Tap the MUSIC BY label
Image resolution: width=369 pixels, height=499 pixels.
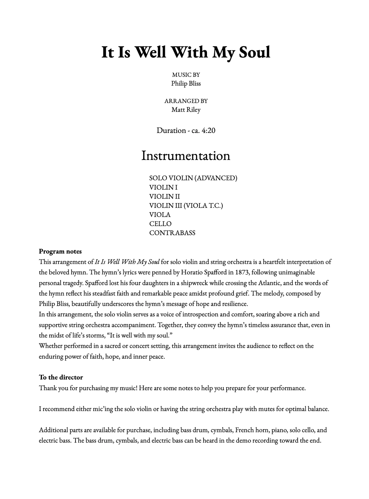click(186, 75)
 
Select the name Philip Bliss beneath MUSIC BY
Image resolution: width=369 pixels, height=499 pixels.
click(186, 84)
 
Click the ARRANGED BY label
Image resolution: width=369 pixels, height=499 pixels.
click(186, 101)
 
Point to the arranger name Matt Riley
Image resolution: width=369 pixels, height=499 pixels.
click(186, 110)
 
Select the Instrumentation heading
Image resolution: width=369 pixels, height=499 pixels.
click(186, 156)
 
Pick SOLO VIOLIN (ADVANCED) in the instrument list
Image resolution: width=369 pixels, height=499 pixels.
click(193, 178)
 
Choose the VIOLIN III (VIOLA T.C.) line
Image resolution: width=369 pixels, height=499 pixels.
click(186, 206)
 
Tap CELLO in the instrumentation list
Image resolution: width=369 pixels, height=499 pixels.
click(160, 224)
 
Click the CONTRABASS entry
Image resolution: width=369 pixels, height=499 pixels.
click(172, 233)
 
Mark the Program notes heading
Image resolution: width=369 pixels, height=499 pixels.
click(60, 251)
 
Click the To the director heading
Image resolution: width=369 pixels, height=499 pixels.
click(61, 377)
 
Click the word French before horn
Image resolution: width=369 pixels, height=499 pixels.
click(245, 430)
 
